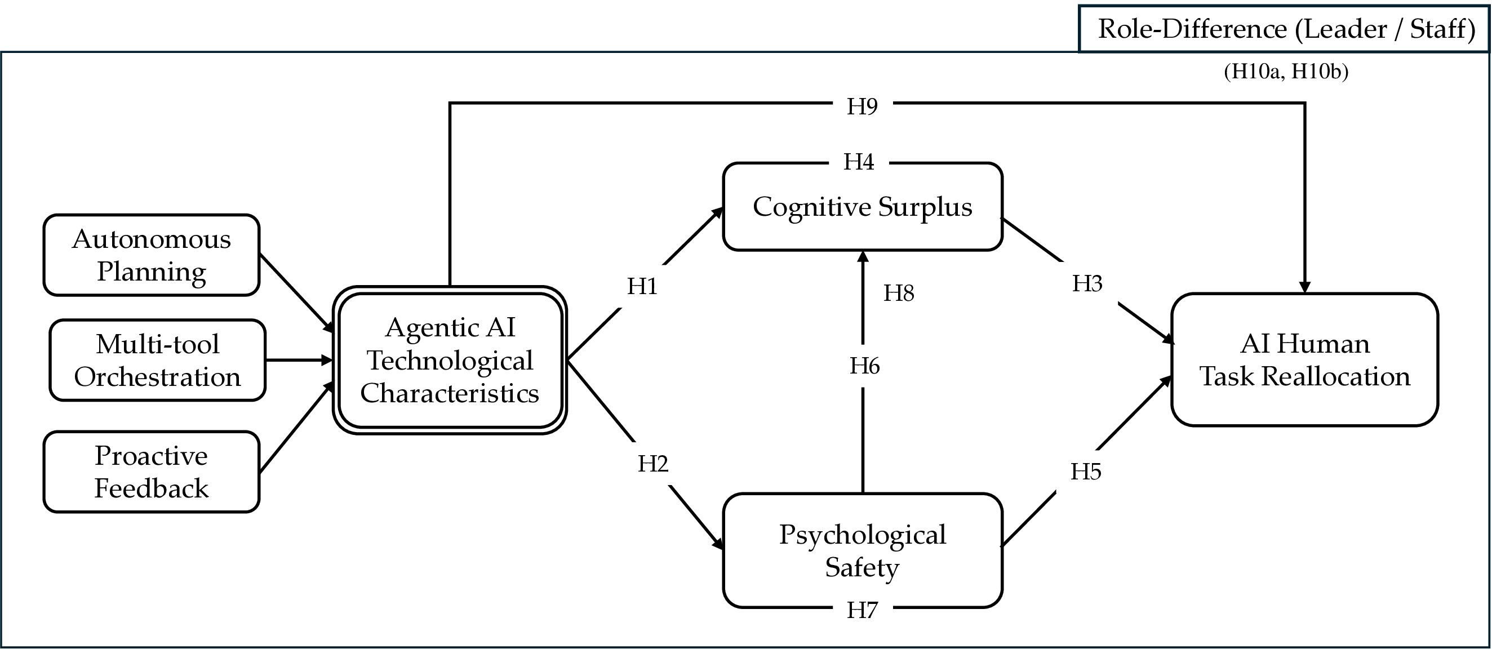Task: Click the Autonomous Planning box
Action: (x=151, y=255)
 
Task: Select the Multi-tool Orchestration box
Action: (x=158, y=360)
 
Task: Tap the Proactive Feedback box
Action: (x=151, y=472)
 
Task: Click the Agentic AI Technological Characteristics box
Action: (x=450, y=360)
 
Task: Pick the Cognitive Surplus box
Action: (x=863, y=207)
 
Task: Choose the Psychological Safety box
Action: (x=863, y=550)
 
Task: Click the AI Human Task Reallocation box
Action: (x=1304, y=360)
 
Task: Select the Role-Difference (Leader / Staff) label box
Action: (x=1284, y=28)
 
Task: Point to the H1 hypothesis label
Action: (x=642, y=287)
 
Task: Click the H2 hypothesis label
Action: (x=652, y=464)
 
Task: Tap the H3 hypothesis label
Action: (x=1087, y=284)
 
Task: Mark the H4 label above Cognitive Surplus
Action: (x=858, y=162)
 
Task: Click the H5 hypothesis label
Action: (x=1085, y=472)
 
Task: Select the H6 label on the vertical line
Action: (x=865, y=366)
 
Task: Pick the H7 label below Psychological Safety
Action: (x=863, y=610)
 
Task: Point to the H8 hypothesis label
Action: (x=898, y=294)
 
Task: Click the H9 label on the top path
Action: (x=863, y=106)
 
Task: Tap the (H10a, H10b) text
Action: (x=1286, y=71)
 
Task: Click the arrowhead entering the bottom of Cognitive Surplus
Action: (x=863, y=257)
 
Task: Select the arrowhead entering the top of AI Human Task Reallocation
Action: (x=1304, y=287)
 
